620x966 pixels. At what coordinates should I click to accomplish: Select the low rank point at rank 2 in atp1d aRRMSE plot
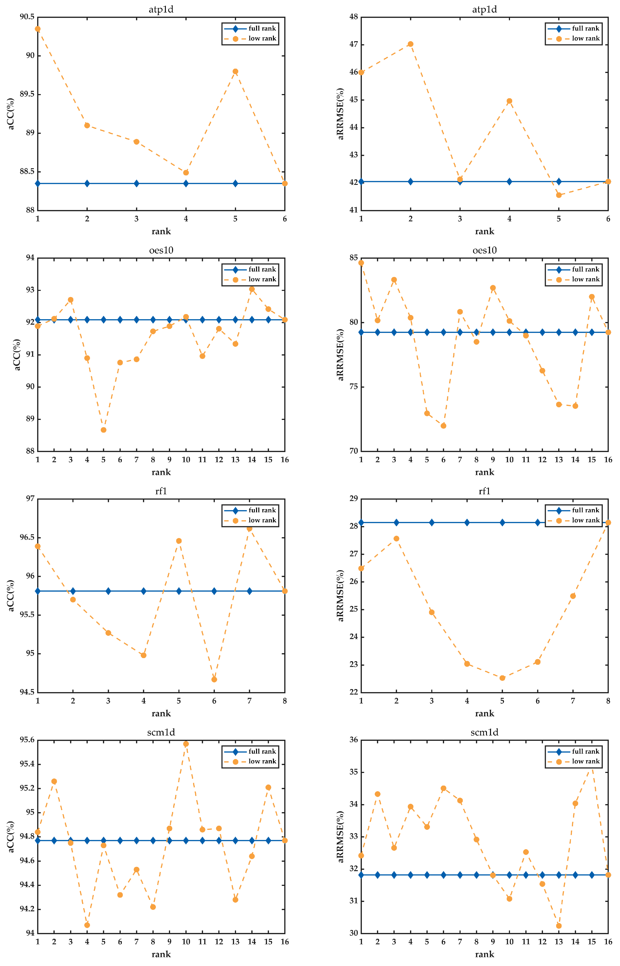click(x=411, y=44)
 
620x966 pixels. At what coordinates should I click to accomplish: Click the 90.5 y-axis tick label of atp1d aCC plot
click(x=27, y=17)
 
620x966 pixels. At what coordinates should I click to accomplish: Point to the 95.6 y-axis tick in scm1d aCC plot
click(x=27, y=740)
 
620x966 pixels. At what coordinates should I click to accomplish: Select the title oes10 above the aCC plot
click(x=161, y=250)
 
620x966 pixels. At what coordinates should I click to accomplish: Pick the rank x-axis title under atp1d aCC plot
click(x=161, y=232)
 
